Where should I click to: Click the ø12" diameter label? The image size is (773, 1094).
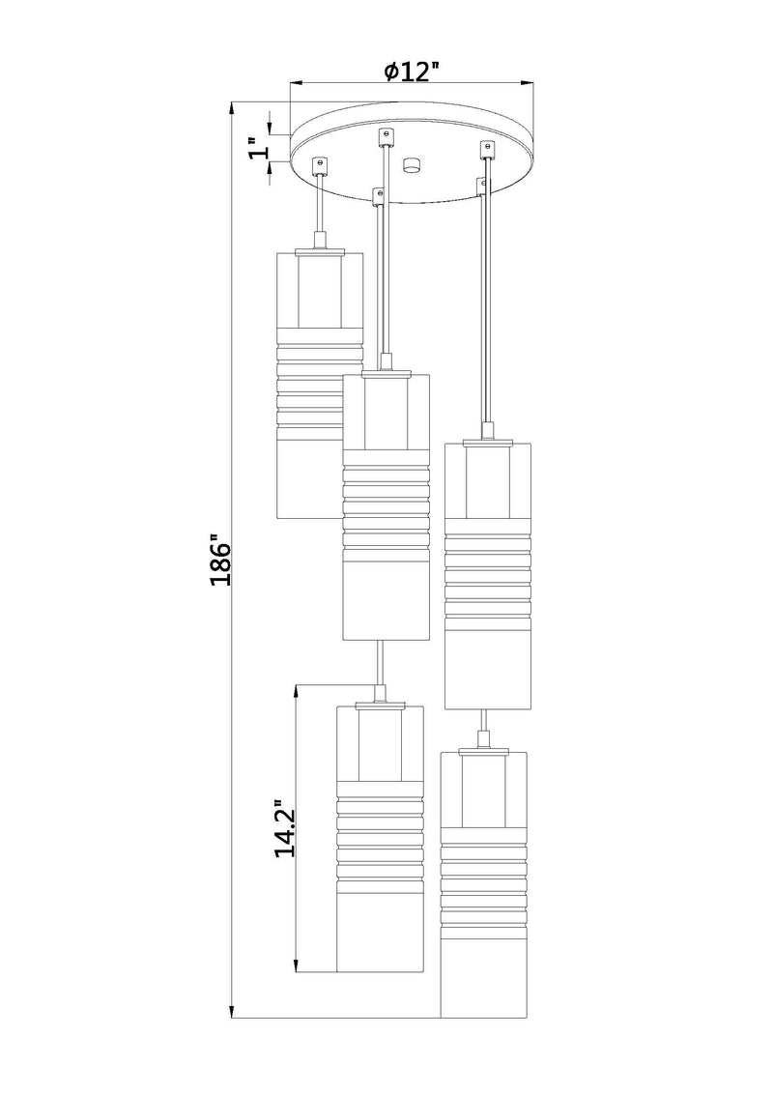pyautogui.click(x=413, y=72)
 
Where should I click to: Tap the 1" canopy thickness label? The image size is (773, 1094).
pyautogui.click(x=259, y=148)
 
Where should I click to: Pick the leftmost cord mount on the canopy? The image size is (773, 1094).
pyautogui.click(x=320, y=163)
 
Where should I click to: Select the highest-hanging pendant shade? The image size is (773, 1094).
pyautogui.click(x=320, y=385)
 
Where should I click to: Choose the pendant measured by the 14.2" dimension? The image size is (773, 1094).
pyautogui.click(x=381, y=837)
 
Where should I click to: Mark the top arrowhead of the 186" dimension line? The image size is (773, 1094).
pyautogui.click(x=233, y=109)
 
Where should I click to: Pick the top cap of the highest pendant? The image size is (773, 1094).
pyautogui.click(x=320, y=249)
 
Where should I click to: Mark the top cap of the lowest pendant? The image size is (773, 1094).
pyautogui.click(x=483, y=750)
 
